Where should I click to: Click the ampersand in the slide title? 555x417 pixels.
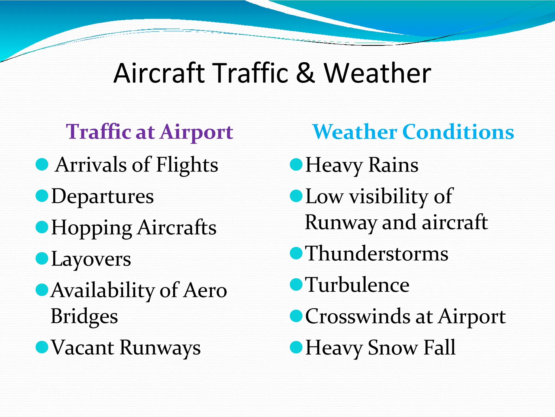click(x=305, y=73)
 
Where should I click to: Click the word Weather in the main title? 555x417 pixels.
click(x=377, y=73)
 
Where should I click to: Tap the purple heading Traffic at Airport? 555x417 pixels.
click(x=150, y=132)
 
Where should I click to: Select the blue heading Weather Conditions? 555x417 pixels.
click(x=413, y=132)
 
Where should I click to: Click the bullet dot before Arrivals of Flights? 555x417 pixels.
click(x=42, y=165)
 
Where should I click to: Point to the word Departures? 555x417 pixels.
click(x=102, y=196)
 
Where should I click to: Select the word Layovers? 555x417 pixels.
click(x=91, y=259)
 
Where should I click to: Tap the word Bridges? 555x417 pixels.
click(x=84, y=317)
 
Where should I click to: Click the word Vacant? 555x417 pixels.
click(x=83, y=347)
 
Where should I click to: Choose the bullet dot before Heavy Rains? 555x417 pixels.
click(x=296, y=165)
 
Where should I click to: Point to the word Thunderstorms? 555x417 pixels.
click(x=377, y=254)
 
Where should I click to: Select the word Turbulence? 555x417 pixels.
click(x=357, y=285)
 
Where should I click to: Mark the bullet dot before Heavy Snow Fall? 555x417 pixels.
click(x=296, y=347)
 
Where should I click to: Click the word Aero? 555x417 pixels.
click(x=205, y=290)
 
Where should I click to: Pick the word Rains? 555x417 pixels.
click(x=393, y=165)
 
